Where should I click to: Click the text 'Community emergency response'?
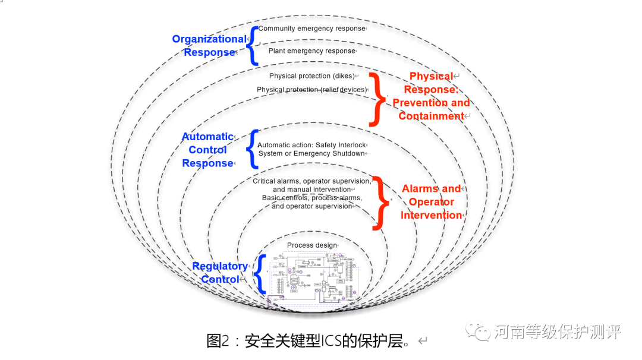point(311,29)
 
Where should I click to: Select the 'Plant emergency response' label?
point(311,51)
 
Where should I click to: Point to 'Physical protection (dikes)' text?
point(311,76)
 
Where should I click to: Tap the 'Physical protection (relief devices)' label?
point(311,90)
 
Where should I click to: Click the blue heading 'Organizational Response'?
point(209,46)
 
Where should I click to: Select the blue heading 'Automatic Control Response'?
point(207,150)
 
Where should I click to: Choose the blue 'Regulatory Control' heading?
point(220,273)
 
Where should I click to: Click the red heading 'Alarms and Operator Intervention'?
point(432,202)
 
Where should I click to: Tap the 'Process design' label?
point(311,245)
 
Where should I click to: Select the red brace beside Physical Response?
point(376,99)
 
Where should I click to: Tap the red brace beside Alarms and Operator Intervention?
point(381,202)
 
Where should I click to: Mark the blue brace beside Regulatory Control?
point(259,274)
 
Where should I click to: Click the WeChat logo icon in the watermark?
point(479,331)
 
